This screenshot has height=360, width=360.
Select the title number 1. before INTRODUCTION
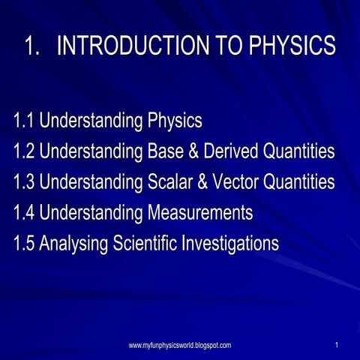pyautogui.click(x=32, y=46)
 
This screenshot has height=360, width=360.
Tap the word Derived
pyautogui.click(x=232, y=151)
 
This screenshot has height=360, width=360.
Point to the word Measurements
pyautogui.click(x=199, y=213)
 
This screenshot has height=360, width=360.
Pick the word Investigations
pyautogui.click(x=233, y=244)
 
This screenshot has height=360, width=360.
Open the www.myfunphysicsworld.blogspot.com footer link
pyautogui.click(x=180, y=345)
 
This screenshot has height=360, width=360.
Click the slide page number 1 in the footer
pyautogui.click(x=337, y=345)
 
